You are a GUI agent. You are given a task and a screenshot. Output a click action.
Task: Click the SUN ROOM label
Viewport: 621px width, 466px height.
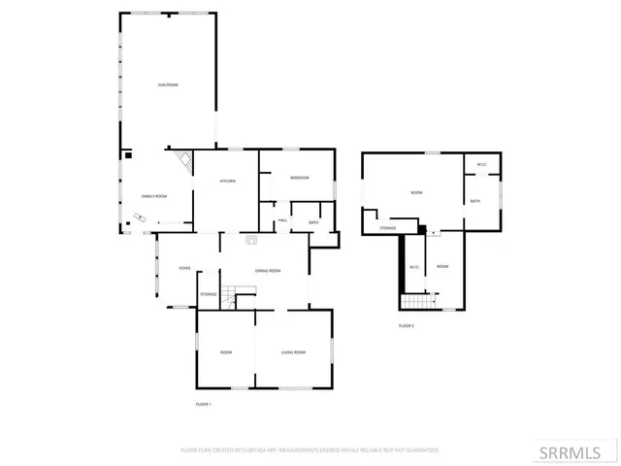point(168,85)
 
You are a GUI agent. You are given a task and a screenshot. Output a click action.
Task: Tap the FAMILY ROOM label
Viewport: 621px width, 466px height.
point(154,196)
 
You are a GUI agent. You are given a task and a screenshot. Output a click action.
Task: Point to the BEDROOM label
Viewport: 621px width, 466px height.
point(299,178)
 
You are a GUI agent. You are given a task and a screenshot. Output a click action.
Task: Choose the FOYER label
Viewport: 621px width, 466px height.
point(183,269)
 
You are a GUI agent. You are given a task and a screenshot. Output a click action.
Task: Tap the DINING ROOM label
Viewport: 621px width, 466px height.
point(268,270)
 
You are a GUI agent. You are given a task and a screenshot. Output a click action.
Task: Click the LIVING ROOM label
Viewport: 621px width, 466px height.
point(293,351)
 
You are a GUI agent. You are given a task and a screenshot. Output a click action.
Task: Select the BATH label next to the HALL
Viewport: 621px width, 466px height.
point(313,222)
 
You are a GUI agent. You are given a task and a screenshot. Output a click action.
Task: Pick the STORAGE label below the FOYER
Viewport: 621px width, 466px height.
point(208,294)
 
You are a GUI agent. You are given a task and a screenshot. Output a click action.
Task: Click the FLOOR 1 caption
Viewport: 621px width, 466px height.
point(203,403)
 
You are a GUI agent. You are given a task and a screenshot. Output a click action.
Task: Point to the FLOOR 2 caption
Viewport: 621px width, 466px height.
point(407,325)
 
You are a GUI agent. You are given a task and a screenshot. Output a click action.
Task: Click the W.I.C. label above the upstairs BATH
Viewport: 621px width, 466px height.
point(480,164)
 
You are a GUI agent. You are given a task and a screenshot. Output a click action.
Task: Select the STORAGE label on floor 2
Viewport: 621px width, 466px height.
point(387,228)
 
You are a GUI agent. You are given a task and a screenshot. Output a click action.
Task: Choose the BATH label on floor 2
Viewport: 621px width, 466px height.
point(475,201)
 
